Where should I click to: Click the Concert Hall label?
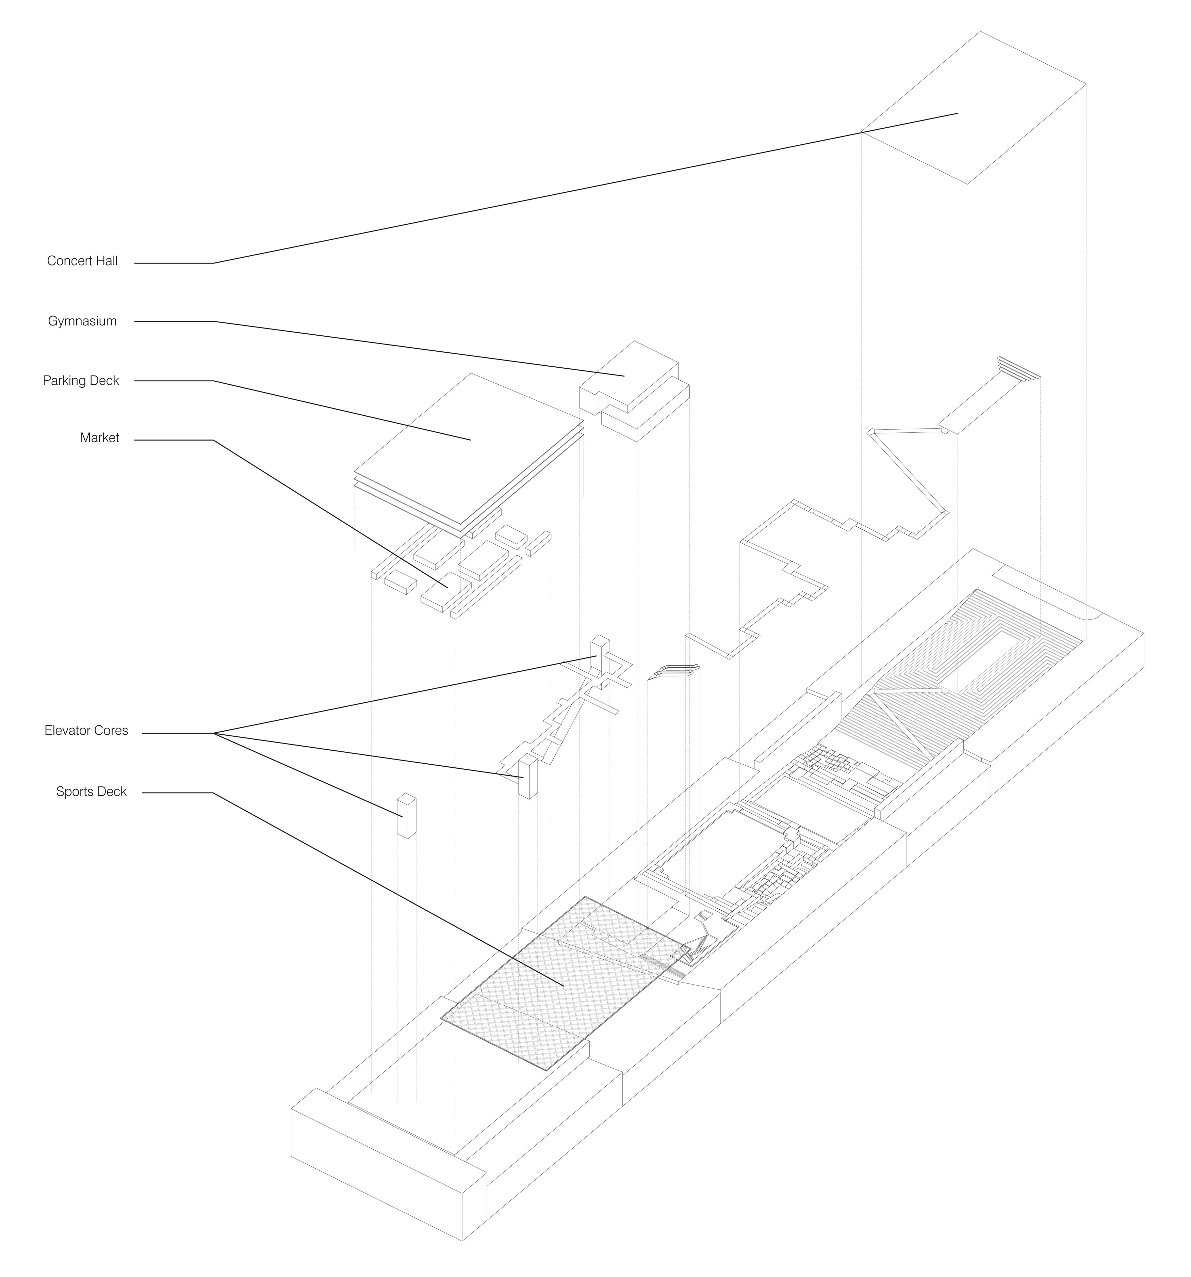tap(82, 261)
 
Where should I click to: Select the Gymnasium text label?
tap(82, 321)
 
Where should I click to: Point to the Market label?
tap(99, 438)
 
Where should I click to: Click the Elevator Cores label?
tap(86, 730)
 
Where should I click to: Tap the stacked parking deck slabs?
tap(469, 450)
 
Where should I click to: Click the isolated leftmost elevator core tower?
tap(406, 816)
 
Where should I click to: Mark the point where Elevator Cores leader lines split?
tap(214, 733)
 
